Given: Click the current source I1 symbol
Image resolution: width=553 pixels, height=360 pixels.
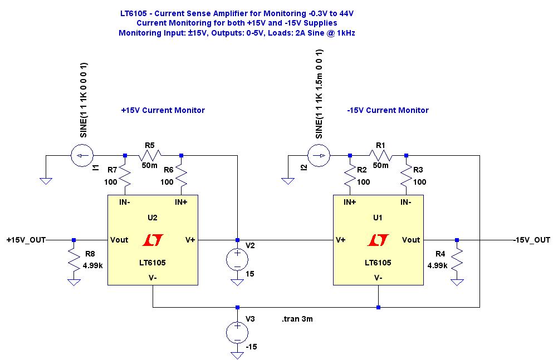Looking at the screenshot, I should (81, 156).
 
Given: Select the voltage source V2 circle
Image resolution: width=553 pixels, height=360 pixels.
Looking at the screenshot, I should (237, 260).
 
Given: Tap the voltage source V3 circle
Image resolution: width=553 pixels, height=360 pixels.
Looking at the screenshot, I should (237, 332).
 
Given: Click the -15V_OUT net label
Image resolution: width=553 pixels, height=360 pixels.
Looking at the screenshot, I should (531, 240).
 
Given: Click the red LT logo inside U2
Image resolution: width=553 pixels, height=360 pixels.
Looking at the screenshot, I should (152, 240).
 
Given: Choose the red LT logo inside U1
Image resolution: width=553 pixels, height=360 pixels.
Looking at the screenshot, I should (378, 240).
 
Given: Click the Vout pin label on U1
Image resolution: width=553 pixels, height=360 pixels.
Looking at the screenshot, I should (410, 240).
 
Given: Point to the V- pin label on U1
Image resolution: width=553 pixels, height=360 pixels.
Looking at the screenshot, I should (378, 277).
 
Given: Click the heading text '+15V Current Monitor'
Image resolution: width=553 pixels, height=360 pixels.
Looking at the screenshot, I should (163, 110).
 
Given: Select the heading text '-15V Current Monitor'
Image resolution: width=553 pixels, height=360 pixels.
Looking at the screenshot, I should (388, 110).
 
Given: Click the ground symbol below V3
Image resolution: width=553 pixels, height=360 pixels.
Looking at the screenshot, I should (237, 354).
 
